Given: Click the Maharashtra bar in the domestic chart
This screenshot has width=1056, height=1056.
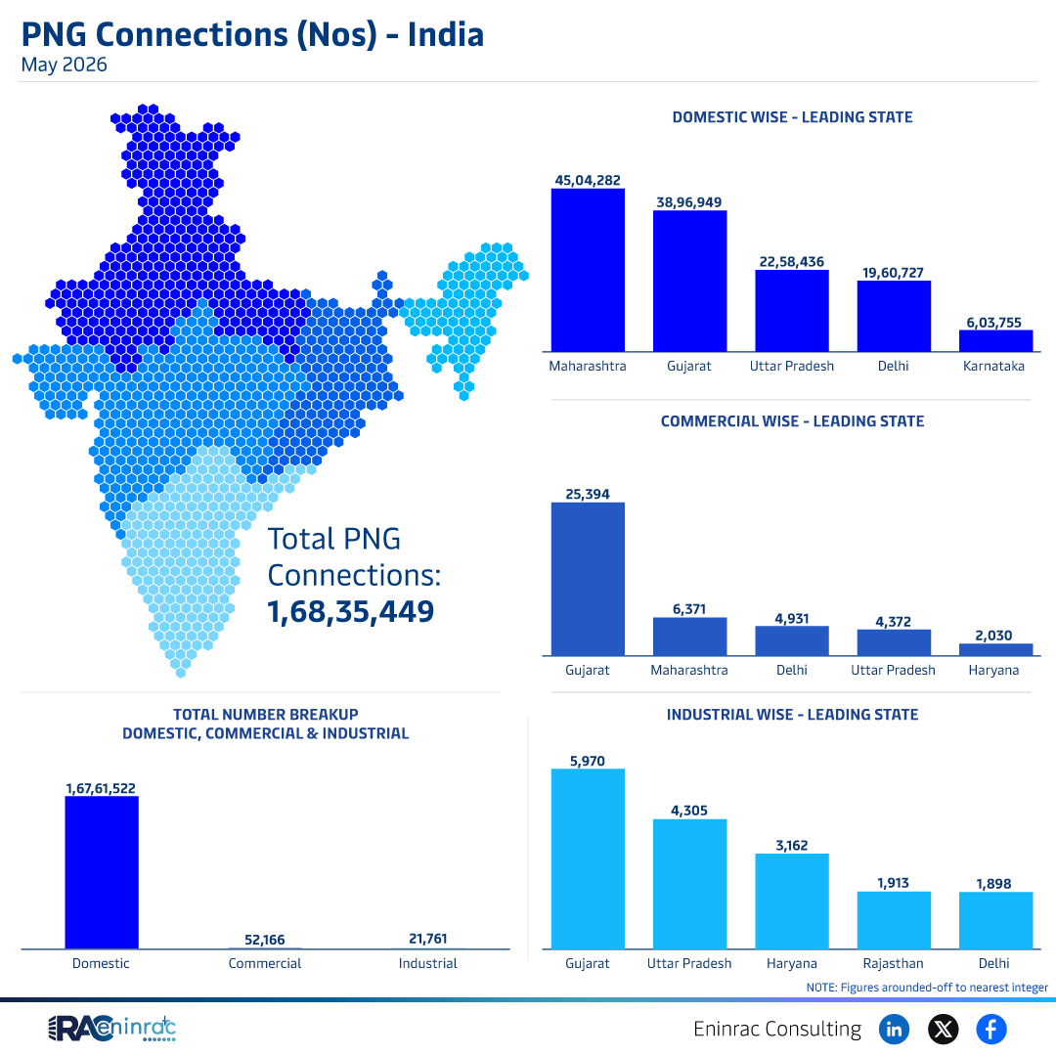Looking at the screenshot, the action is (x=588, y=270).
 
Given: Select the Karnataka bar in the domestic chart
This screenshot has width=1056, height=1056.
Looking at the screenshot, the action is (x=995, y=341).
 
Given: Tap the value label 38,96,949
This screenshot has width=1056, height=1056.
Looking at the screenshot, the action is (x=689, y=202).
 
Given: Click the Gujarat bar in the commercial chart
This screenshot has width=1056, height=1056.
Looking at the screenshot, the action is (x=588, y=579).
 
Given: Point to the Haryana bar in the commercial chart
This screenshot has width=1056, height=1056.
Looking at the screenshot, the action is (x=995, y=649).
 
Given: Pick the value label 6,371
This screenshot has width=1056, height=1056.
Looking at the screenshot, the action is (x=689, y=609).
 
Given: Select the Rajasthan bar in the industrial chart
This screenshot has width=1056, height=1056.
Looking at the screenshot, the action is (x=894, y=920).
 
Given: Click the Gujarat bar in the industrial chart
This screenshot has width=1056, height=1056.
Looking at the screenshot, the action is (x=588, y=858).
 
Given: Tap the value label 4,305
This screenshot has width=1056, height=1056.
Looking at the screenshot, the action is (x=689, y=811).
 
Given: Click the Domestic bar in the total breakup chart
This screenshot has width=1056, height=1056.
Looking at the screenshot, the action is (x=102, y=872).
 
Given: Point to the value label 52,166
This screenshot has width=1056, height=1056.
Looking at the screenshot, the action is (x=265, y=940).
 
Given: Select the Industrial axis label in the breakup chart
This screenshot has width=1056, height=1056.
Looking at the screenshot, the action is (x=427, y=963).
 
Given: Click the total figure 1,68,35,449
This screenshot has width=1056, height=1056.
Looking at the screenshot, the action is (x=351, y=611).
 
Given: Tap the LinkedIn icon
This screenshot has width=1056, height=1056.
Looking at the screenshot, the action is (x=894, y=1029).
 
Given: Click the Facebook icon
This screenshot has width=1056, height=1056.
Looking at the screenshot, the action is (x=991, y=1029).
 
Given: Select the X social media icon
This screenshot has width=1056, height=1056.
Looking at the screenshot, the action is (x=943, y=1029).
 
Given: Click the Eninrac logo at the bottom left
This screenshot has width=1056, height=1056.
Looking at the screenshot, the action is (x=111, y=1029).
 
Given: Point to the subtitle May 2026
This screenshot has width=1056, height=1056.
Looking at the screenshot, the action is (x=64, y=65).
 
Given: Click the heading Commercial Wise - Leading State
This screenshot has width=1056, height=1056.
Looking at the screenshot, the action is (x=792, y=420).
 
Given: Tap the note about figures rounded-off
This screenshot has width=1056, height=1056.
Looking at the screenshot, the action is (x=927, y=988).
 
